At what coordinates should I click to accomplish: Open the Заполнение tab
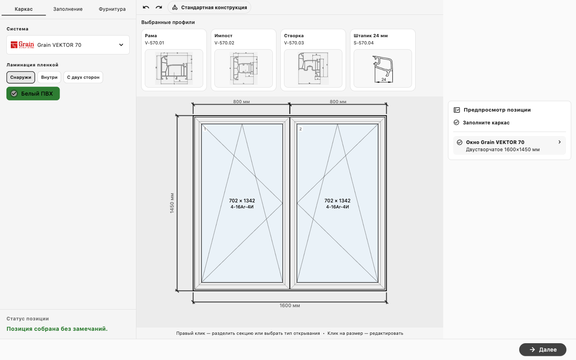pyautogui.click(x=68, y=9)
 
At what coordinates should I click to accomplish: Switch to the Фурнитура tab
pyautogui.click(x=112, y=9)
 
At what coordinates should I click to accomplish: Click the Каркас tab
pyautogui.click(x=24, y=9)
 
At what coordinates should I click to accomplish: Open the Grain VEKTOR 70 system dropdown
pyautogui.click(x=68, y=45)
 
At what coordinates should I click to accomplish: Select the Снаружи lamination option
pyautogui.click(x=20, y=77)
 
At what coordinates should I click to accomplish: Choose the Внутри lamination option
pyautogui.click(x=49, y=77)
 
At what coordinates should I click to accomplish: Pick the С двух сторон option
pyautogui.click(x=83, y=77)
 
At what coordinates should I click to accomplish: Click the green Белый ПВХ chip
pyautogui.click(x=33, y=94)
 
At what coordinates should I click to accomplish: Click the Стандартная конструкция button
pyautogui.click(x=209, y=8)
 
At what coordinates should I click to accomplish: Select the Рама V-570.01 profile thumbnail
pyautogui.click(x=174, y=68)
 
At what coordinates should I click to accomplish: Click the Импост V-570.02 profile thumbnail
pyautogui.click(x=244, y=68)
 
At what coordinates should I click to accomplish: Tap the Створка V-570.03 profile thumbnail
pyautogui.click(x=313, y=68)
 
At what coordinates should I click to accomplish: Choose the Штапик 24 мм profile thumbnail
pyautogui.click(x=383, y=68)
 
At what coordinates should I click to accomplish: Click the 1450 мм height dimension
pyautogui.click(x=172, y=203)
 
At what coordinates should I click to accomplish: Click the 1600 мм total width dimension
pyautogui.click(x=290, y=306)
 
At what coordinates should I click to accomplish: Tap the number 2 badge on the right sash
pyautogui.click(x=300, y=129)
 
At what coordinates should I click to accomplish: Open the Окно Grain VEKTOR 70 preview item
pyautogui.click(x=510, y=146)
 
